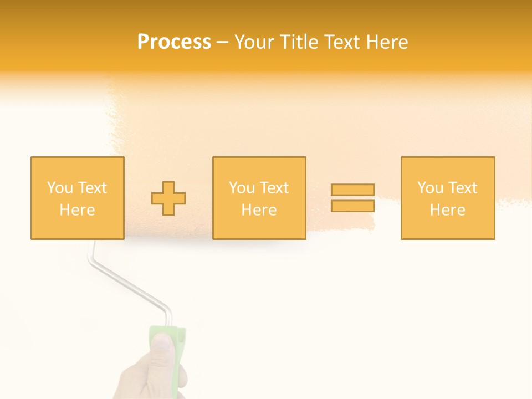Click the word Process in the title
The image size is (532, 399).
pos(174,42)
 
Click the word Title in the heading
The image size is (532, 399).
pos(300,42)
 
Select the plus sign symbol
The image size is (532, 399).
pos(168,198)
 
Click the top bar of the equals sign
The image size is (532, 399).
pos(352,190)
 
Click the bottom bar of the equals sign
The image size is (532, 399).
pos(352,206)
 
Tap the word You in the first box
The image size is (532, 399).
pos(59,188)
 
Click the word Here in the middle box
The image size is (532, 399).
pos(259,210)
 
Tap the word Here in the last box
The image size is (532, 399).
pos(447,210)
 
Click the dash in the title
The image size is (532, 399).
pos(223,43)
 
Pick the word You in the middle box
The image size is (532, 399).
pos(242,188)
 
